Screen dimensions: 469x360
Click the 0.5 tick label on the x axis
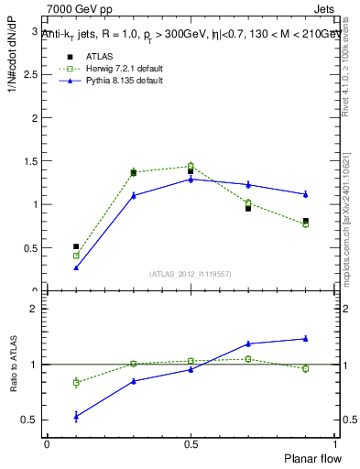[191, 443]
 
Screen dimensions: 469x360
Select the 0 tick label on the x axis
[47, 443]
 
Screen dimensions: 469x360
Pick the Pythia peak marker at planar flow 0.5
[191, 179]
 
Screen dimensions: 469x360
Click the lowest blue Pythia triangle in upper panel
[76, 267]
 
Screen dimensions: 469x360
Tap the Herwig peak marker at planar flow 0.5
[191, 166]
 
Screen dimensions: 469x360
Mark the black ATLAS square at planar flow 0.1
[76, 246]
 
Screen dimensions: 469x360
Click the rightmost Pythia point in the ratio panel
[305, 339]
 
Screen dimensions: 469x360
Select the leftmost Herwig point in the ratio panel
[76, 382]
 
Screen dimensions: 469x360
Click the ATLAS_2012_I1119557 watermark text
[191, 274]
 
